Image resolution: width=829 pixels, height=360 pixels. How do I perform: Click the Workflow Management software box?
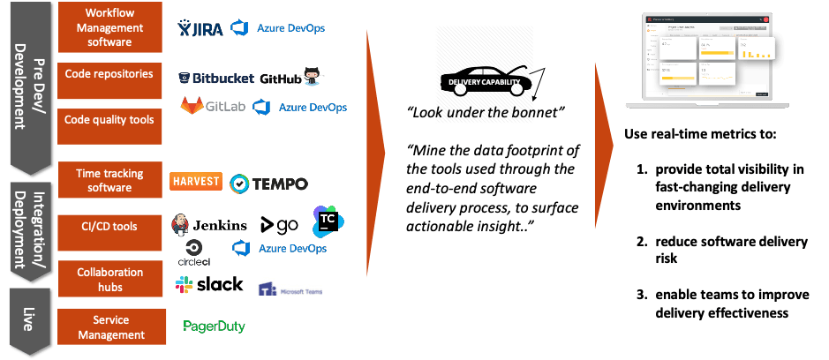pos(109,27)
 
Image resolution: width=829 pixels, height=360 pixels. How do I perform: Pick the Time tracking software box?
pos(109,181)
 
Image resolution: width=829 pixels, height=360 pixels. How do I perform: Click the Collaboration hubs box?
pos(109,280)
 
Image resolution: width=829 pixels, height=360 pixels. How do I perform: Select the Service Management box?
pos(109,326)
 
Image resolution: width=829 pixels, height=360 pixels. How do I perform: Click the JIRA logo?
pos(199,28)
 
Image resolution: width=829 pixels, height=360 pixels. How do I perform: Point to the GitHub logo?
pos(292,77)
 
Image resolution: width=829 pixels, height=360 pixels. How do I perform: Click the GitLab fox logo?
pos(192,106)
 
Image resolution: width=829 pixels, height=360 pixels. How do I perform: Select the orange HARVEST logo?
pos(196,181)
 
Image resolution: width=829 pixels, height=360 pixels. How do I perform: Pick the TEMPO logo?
pos(268,184)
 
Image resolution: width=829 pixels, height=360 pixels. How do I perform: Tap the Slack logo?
pos(209,284)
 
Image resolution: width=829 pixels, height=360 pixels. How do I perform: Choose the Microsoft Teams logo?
pos(289,283)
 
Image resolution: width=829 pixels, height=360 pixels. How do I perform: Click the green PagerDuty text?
pos(214,326)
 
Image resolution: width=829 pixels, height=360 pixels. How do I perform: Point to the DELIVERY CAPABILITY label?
pos(484,82)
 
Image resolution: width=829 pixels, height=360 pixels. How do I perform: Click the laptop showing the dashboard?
pos(710,60)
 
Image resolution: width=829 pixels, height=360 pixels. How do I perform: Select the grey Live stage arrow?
pos(28,319)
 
